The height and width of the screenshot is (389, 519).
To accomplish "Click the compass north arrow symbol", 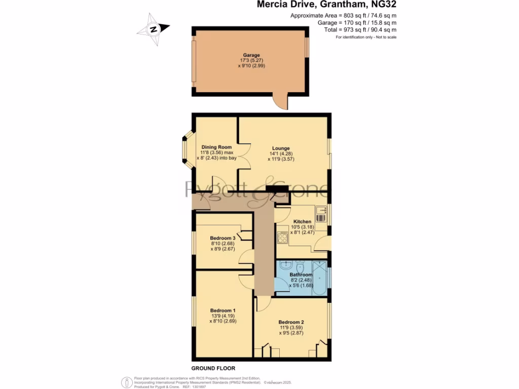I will (x=154, y=29).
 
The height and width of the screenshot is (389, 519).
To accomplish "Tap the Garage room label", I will (x=251, y=55).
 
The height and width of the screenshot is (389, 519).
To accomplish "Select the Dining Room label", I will (x=216, y=147).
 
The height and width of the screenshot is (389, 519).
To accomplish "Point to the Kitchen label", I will (x=302, y=222).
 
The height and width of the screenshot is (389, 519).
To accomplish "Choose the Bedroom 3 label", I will (x=223, y=238).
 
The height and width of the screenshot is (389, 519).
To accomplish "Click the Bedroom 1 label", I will (x=223, y=310).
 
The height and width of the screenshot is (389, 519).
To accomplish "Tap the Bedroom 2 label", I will (x=291, y=322).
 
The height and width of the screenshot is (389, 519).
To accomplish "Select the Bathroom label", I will (x=301, y=275).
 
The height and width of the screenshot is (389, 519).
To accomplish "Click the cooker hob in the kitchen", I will (x=282, y=237).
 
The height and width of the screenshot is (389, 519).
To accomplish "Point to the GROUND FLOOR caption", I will (x=213, y=368).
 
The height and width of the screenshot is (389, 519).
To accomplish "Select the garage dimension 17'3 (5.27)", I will (x=251, y=60).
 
